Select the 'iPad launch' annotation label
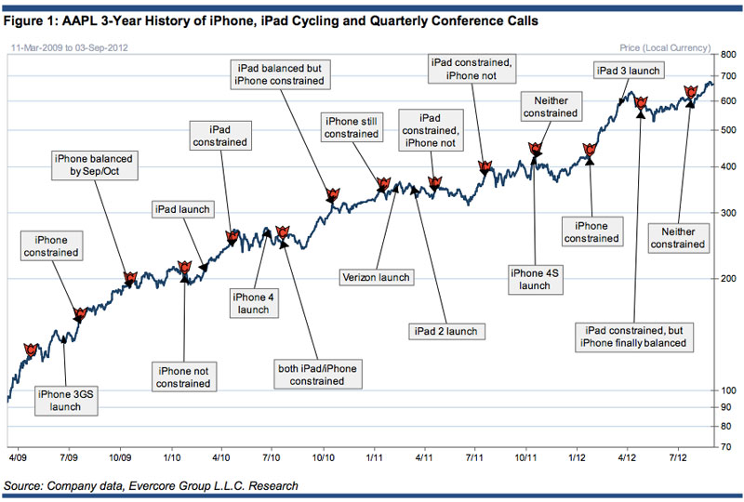coord(182,209)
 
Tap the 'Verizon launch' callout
coord(376,277)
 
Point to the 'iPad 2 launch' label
coord(442,331)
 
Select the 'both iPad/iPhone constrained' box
coord(316,375)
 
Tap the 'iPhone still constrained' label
coord(352,126)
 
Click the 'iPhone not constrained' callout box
coord(183,376)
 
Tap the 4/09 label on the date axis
coord(19,457)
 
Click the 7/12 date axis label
coord(678,457)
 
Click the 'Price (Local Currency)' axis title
coord(664,46)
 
